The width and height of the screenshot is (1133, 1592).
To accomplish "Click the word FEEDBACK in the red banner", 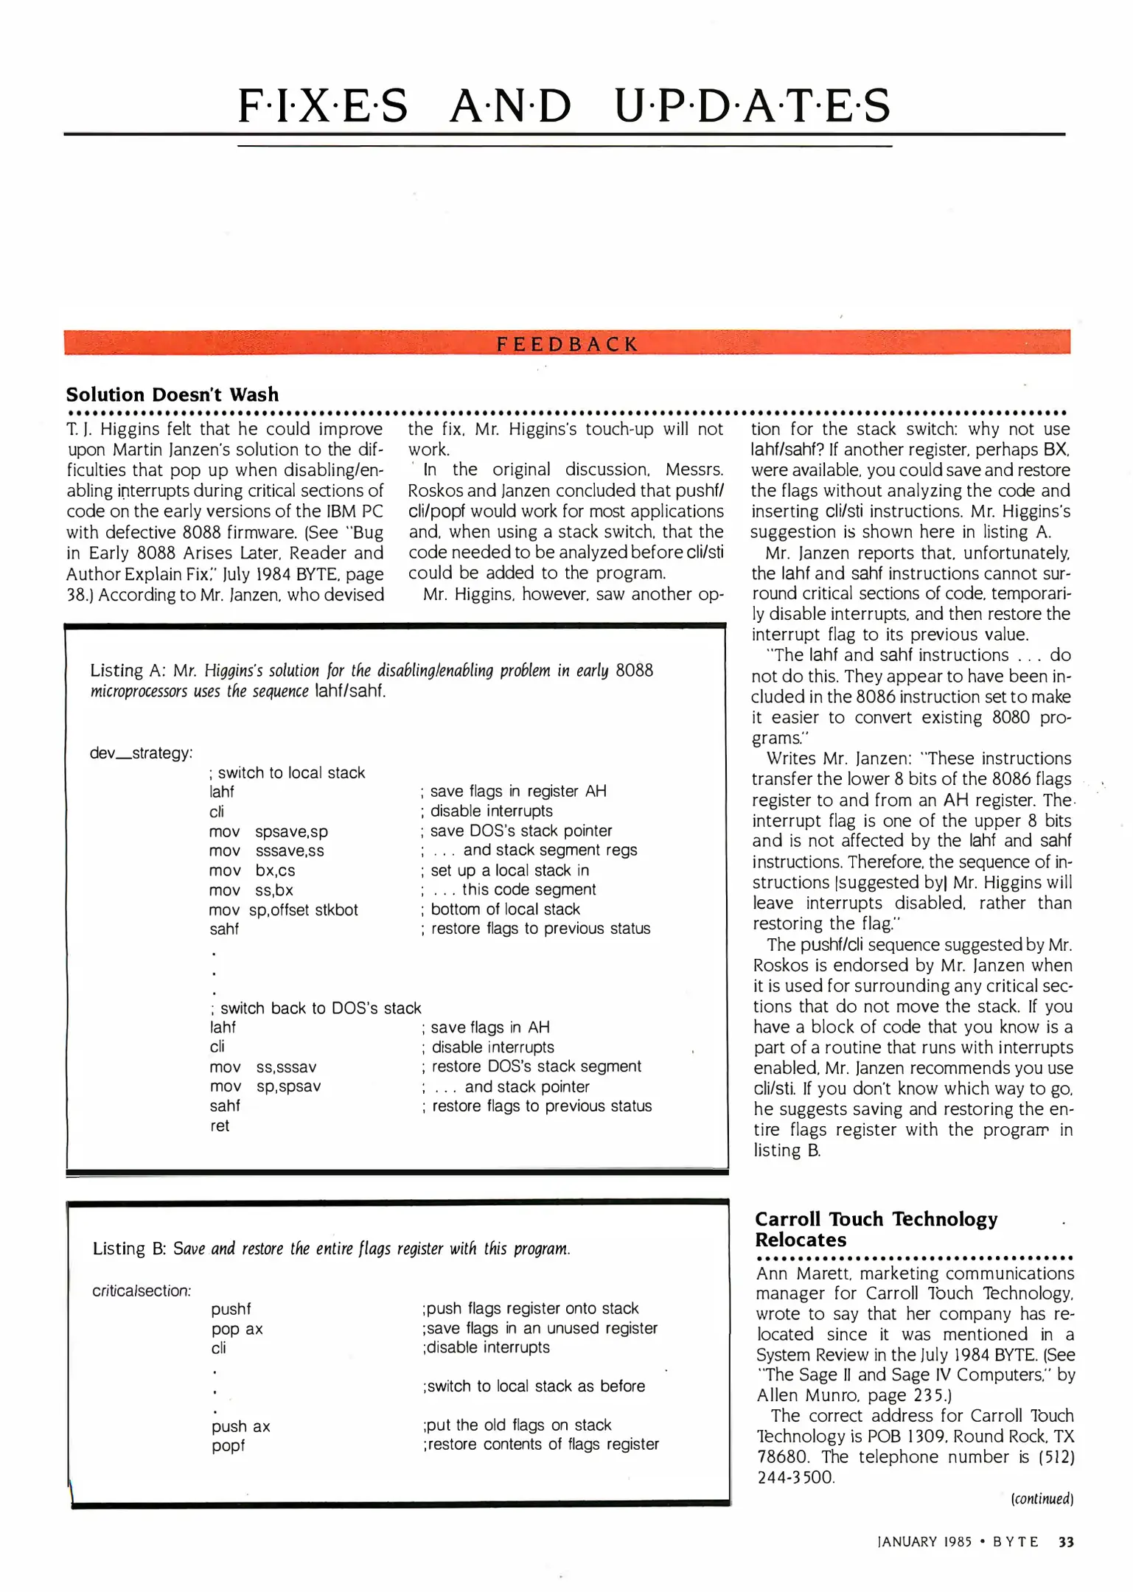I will tap(566, 344).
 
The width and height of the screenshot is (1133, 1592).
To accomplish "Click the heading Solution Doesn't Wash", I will tap(172, 394).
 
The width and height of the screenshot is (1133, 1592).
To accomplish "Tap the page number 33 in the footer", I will tap(1066, 1542).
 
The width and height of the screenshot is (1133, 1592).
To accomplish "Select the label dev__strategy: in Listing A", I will tap(141, 753).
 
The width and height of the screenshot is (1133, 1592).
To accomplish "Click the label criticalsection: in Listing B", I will tap(142, 1291).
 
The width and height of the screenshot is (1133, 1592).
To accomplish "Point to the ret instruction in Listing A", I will tap(220, 1125).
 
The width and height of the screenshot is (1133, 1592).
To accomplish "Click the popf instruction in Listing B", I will tap(228, 1445).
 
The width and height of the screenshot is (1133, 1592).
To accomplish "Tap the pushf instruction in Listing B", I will tap(231, 1309).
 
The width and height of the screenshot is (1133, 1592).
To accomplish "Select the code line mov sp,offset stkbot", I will tap(283, 910).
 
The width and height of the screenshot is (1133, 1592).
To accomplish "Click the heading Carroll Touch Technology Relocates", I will tap(876, 1229).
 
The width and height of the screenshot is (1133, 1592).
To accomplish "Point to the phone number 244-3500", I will tap(795, 1477).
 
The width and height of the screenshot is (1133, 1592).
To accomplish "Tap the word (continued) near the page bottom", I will tap(1042, 1498).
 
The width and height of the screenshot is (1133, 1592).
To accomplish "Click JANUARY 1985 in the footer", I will tap(924, 1542).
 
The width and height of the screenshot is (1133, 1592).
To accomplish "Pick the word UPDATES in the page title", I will tap(752, 105).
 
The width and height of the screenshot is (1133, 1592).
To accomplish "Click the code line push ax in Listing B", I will tap(240, 1426).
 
